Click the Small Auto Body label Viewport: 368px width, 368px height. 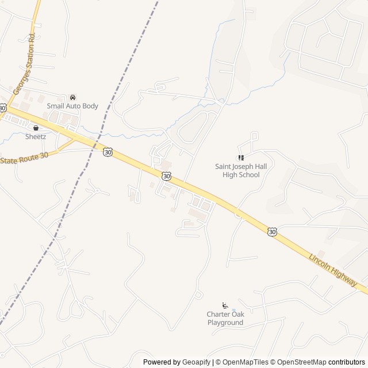coord(72,106)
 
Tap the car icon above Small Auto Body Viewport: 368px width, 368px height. coord(72,98)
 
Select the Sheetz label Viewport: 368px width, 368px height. coord(36,136)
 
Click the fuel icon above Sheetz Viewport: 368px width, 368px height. coord(36,128)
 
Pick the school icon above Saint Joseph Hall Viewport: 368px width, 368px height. coord(241,158)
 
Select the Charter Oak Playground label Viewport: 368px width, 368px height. coord(225,319)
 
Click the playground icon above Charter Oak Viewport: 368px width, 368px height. coord(225,305)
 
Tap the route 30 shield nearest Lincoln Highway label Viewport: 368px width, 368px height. coord(272,231)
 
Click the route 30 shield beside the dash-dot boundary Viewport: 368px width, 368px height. coord(108,152)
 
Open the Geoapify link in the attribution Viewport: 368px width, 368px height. coord(197,362)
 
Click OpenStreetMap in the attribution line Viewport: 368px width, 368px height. coord(298,362)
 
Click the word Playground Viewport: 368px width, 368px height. coord(225,323)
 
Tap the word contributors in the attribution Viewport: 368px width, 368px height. coord(346,362)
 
